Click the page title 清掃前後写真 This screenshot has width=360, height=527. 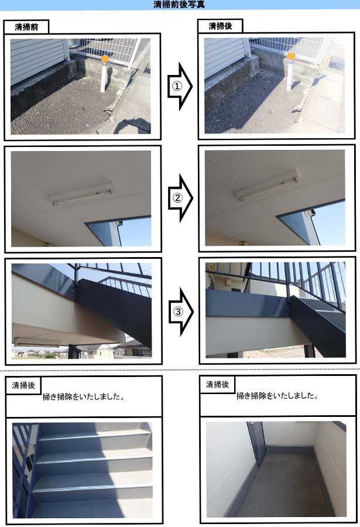tap(179, 4)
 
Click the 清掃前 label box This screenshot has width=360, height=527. tap(26, 27)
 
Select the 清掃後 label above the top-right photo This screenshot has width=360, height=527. tap(220, 26)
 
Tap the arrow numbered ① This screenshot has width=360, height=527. tap(180, 87)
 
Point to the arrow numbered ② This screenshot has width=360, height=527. tap(180, 198)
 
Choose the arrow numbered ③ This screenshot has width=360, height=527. tap(181, 312)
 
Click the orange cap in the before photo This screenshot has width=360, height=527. tap(105, 59)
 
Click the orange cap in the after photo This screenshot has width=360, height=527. tap(291, 56)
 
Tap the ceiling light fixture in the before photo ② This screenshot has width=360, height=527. tap(82, 194)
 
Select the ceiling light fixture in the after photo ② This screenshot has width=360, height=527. tap(266, 186)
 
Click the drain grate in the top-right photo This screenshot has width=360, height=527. tap(336, 63)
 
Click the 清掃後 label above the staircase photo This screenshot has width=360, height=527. tap(23, 385)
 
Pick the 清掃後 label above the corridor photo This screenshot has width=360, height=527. tap(217, 384)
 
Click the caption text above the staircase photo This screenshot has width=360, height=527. tap(84, 396)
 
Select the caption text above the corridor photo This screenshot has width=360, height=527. tap(277, 396)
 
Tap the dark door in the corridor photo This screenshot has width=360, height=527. tap(257, 444)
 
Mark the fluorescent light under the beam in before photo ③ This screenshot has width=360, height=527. tap(36, 342)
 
